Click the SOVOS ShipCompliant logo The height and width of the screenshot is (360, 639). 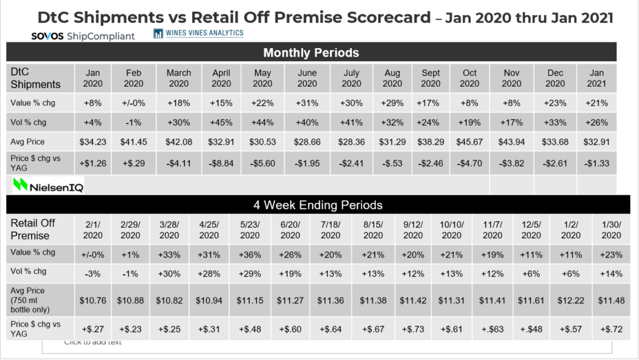pos(82,36)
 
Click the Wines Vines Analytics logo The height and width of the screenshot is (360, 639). pos(198,33)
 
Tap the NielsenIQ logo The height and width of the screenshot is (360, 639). pos(48,185)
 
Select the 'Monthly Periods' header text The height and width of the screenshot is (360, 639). pos(311,52)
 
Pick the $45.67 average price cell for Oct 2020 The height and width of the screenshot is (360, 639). pos(470,142)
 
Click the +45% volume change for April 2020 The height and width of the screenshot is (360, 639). pos(221,122)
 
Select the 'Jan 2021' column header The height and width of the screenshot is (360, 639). pos(597,78)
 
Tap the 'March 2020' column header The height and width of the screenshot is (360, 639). pos(178,78)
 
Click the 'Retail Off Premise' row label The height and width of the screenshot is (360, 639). pos(33,229)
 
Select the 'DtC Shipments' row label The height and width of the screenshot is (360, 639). pos(36,78)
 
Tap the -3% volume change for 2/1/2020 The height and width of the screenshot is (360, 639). pos(92,273)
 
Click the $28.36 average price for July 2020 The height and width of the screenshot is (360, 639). pos(351,142)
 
